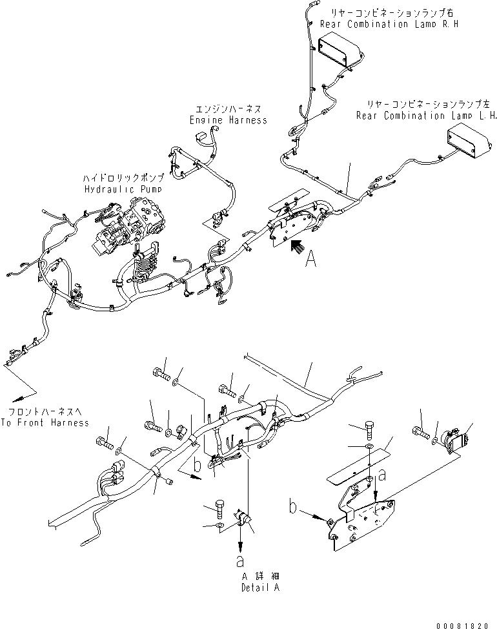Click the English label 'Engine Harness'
[228, 120]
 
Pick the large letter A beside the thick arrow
[310, 259]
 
